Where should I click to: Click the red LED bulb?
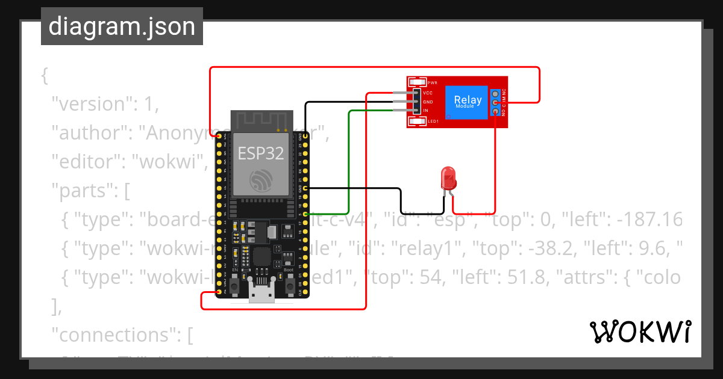449,177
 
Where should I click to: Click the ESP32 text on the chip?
260,153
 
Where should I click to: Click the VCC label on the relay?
428,93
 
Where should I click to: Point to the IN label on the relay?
425,111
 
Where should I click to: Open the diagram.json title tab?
122,26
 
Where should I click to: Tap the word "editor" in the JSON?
82,162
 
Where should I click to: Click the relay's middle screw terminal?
495,103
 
